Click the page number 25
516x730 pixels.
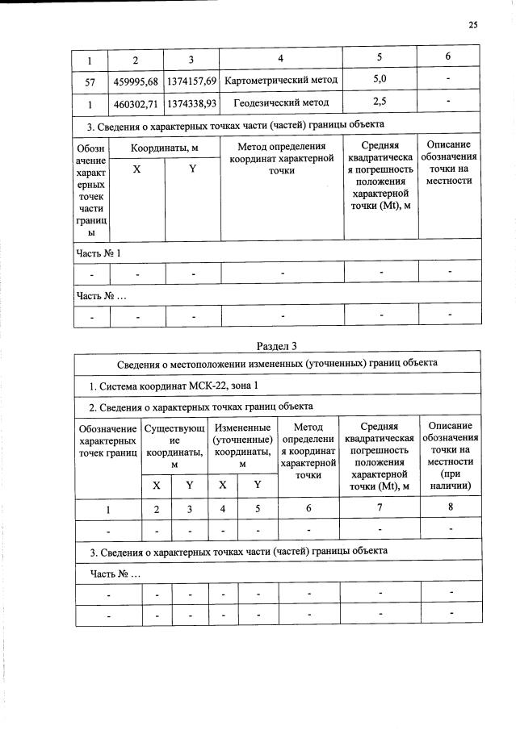472,25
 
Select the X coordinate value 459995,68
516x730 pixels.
135,81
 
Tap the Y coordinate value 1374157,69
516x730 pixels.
191,81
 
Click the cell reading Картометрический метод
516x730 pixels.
281,81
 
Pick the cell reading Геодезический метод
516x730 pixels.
281,103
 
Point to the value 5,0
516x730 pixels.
380,81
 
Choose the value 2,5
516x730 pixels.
380,102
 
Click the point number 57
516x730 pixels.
90,81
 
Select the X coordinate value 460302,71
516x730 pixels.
135,103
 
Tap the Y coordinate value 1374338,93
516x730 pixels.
191,103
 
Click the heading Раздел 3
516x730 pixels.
276,346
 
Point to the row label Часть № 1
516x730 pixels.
99,252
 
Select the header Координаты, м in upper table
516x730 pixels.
165,148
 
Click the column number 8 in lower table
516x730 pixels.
451,508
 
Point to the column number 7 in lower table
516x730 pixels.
377,508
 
